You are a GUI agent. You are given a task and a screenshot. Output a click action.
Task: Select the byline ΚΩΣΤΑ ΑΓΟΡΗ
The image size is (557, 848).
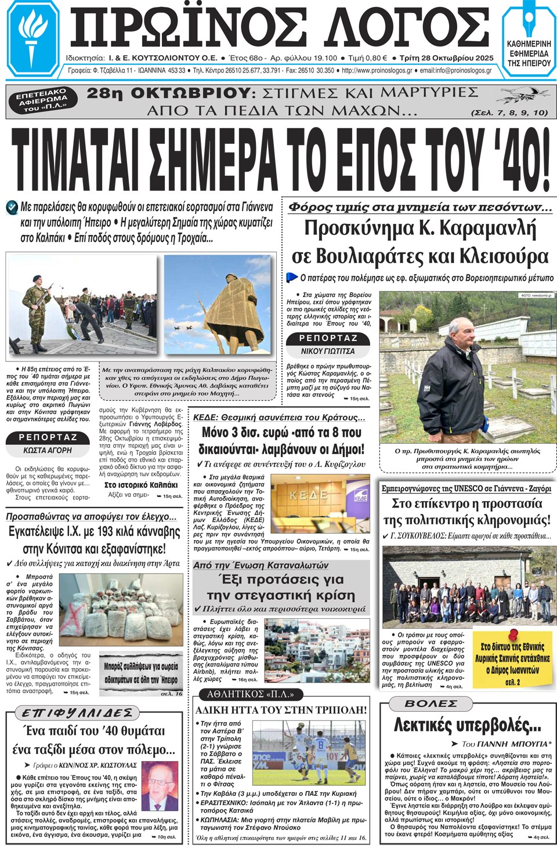48,450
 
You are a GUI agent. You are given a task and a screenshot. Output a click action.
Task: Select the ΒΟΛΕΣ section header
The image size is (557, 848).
431,703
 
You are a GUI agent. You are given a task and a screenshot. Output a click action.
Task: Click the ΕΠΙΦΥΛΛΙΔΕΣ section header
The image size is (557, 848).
78,713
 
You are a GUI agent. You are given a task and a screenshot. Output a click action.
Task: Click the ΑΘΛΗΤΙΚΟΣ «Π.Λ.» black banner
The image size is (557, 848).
250,694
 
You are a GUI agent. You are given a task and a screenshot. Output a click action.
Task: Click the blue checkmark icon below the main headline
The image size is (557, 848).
12,207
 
